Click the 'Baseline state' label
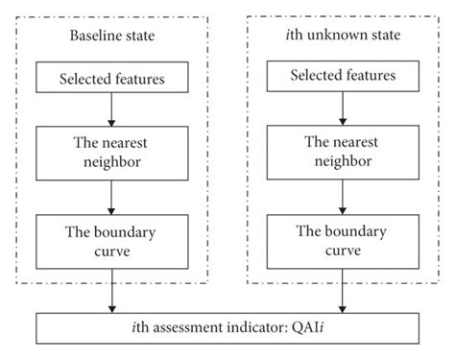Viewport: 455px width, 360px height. (114, 40)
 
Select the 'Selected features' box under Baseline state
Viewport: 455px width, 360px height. (114, 77)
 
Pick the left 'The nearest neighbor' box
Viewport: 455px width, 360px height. (114, 153)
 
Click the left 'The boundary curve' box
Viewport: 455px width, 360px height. (114, 240)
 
